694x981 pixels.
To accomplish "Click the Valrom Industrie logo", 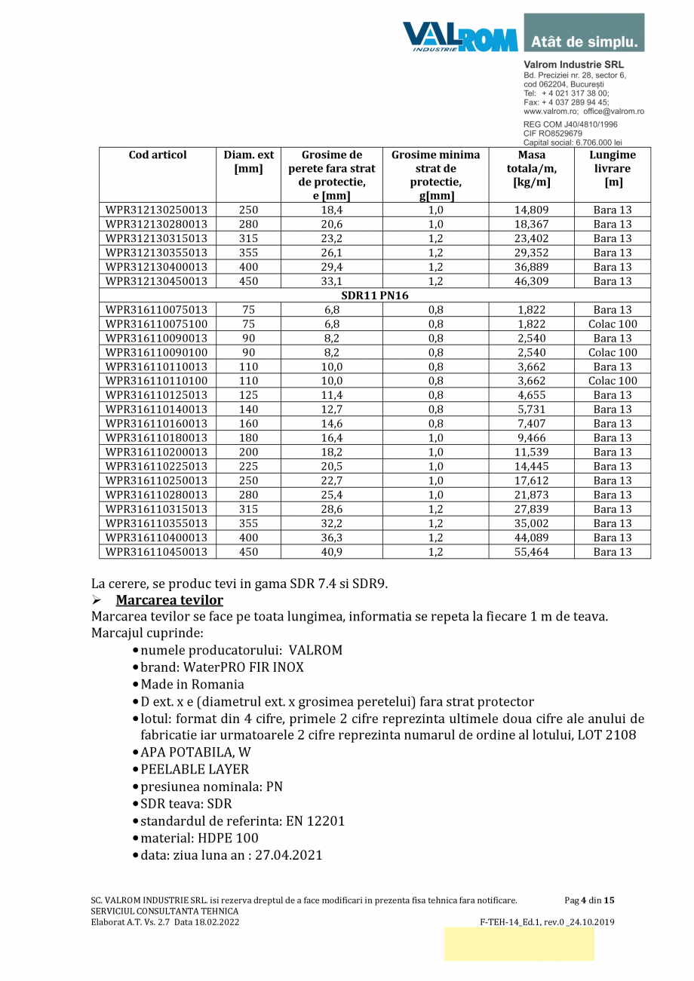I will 459,36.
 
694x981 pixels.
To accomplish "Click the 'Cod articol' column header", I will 158,155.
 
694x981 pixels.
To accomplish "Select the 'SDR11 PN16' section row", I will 375,296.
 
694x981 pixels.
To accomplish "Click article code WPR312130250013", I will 157,210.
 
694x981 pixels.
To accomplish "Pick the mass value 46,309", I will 531,281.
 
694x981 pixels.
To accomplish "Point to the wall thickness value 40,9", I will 332,552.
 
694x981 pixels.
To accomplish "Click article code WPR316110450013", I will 157,552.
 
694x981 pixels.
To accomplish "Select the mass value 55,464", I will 531,552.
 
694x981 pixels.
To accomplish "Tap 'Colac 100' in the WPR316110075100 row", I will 613,324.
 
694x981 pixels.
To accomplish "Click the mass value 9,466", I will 531,438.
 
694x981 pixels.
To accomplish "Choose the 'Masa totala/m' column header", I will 531,169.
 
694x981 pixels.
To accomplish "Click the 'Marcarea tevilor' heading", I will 169,600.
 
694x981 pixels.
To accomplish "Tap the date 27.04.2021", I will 289,855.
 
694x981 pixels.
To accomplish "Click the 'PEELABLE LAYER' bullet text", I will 195,769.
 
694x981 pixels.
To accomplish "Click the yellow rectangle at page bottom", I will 519,944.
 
